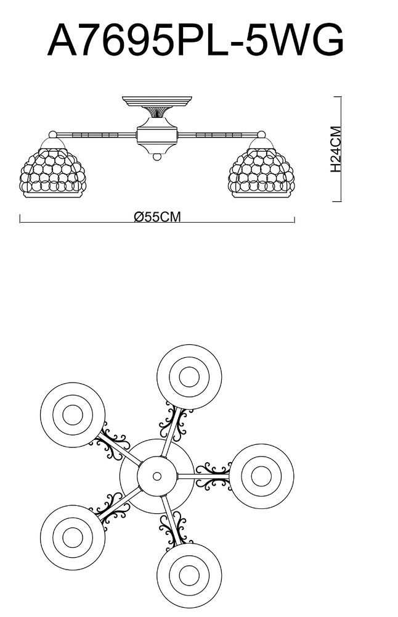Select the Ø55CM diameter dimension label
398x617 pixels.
point(157,217)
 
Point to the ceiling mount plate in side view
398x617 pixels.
point(156,100)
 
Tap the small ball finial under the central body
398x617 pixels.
point(156,157)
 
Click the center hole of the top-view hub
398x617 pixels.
point(156,476)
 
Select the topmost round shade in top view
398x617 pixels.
point(189,376)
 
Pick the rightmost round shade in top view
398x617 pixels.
point(261,476)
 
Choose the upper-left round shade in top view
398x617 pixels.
point(73,415)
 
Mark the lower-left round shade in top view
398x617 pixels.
point(73,535)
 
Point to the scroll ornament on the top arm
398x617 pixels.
point(175,422)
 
